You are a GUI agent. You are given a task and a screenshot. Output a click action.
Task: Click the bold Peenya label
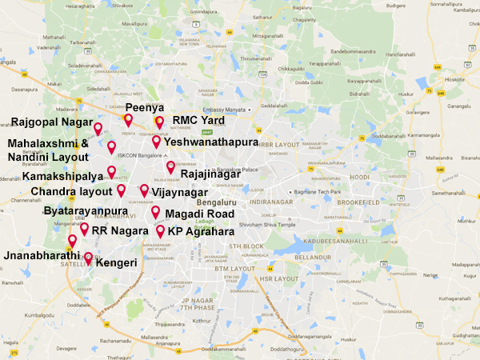[x=144, y=106]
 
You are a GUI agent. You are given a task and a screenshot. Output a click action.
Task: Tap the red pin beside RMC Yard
[x=159, y=121]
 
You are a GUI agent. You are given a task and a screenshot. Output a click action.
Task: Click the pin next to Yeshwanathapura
[x=156, y=141]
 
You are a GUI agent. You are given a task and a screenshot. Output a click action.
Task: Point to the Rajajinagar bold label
[x=212, y=172]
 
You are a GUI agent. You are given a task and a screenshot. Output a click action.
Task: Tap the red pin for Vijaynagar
[x=144, y=190]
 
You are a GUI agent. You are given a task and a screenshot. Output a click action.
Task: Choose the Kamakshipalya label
[x=62, y=176]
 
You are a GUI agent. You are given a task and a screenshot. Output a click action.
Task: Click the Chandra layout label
[x=70, y=192]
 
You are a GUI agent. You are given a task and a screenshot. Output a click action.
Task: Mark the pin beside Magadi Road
[x=155, y=212]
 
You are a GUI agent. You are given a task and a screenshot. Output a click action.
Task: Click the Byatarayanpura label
[x=86, y=211]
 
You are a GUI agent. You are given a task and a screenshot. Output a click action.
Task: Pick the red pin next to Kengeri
[x=88, y=258]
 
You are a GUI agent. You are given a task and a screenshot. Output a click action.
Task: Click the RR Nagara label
[x=119, y=230]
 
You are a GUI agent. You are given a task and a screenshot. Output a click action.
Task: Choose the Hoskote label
[x=455, y=80]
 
